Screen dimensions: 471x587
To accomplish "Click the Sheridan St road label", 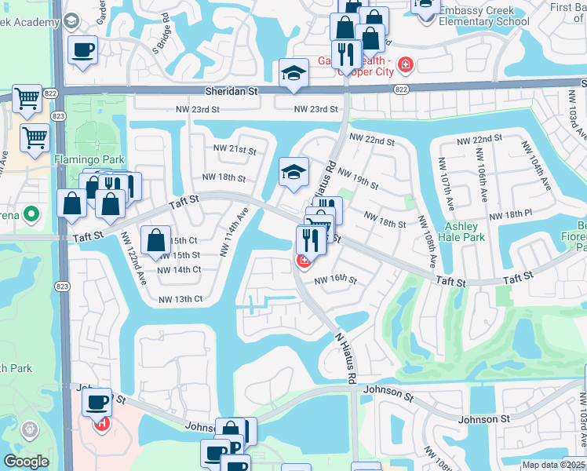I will click(232, 91).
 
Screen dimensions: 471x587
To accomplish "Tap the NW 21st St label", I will click(235, 149).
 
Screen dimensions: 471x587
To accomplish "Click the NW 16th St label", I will click(336, 279).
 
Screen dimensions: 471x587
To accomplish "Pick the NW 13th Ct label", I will click(180, 299).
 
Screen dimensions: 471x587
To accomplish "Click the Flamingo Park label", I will click(78, 159).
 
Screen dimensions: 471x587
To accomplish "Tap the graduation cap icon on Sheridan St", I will click(294, 74).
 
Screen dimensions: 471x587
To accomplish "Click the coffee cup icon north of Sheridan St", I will click(82, 50).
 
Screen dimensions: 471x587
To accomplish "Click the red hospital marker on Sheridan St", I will click(406, 64).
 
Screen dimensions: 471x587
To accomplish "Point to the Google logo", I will click(26, 462).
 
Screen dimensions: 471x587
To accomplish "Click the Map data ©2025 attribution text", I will click(553, 465).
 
